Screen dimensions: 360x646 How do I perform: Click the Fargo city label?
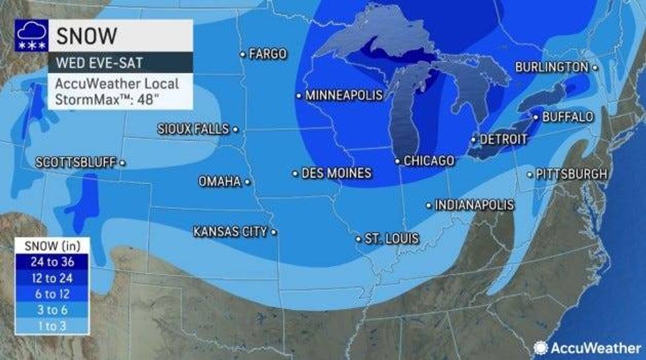268,53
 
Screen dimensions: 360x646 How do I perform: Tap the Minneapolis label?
343,95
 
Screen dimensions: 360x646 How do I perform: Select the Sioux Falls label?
193,129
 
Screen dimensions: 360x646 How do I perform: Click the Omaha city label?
220,181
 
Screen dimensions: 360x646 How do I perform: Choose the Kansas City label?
230,231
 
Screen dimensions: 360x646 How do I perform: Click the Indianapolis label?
474,205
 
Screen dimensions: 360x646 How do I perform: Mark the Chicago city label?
428,160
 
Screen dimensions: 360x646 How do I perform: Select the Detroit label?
504,139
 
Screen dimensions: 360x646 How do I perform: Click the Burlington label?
551,67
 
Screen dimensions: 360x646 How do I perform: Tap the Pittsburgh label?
571,174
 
